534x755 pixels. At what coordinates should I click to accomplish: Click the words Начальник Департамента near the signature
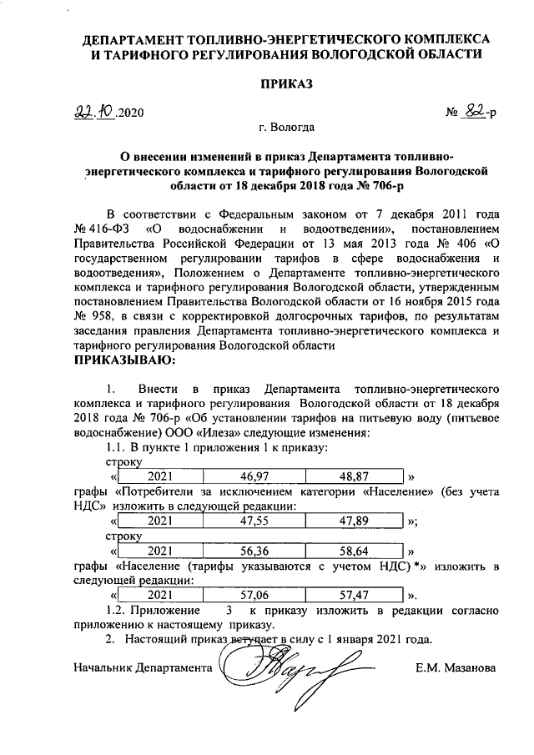coord(141,668)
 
